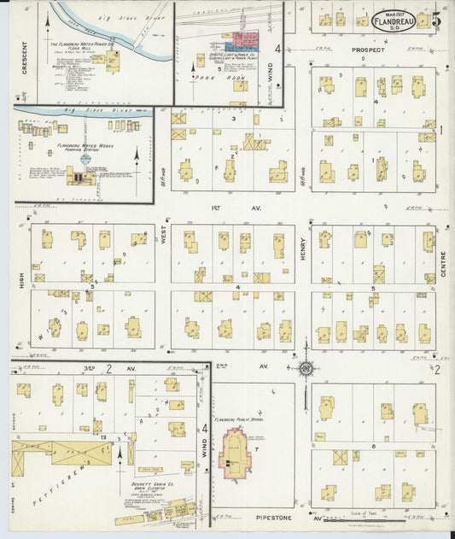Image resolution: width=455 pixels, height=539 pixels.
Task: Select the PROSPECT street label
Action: pos(368,50)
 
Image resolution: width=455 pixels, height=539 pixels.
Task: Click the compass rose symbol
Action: pos(305,368)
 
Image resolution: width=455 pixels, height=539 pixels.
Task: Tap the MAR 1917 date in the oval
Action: pos(394,12)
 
